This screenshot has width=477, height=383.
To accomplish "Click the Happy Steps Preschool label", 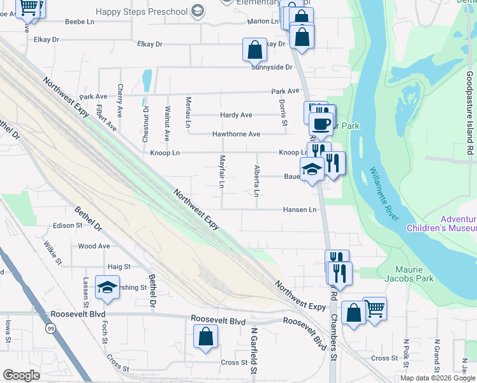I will pos(143,11).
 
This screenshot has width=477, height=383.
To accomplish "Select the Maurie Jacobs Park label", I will pos(409,273).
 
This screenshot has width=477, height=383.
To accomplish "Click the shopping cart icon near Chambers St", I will pos(374,308).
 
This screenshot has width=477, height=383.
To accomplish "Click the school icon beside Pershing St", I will pos(108,287).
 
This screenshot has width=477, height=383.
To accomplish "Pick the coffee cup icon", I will pos(321,123).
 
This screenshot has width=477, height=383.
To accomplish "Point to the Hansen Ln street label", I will pos(300,209).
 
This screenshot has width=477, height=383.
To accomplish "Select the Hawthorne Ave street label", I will pos(236,134).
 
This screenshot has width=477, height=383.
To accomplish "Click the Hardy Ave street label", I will pos(236,115).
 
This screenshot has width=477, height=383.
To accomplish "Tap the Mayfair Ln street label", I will pos(223,172).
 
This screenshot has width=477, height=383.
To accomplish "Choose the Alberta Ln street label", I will pos(257,181).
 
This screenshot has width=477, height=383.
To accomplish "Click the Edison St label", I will pos(68,225).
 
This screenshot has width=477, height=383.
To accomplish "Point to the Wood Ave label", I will pos(94,246).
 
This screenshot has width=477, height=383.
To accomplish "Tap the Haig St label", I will pos(119,266).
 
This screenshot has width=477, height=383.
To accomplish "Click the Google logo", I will pos(21,375).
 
